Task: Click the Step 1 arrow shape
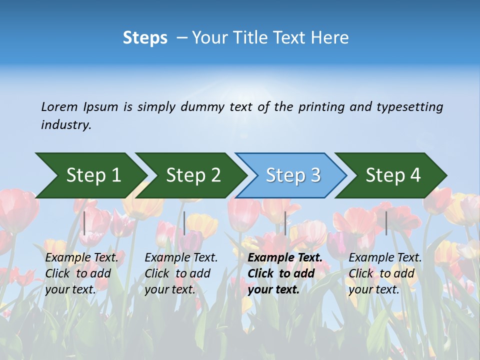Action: click(92, 175)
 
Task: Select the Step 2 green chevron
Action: click(192, 175)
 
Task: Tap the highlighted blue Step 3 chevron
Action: click(292, 175)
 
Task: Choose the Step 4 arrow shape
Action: click(392, 175)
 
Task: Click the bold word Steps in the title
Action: click(145, 38)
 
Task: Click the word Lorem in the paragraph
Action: click(59, 107)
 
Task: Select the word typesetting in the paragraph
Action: click(409, 107)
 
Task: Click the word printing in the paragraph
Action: click(320, 107)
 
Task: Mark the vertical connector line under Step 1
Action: click(84, 223)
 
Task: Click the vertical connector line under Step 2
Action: click(184, 223)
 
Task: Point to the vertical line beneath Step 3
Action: click(285, 223)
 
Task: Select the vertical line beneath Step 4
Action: click(386, 223)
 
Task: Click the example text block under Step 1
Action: click(81, 273)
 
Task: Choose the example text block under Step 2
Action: click(181, 273)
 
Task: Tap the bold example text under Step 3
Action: click(284, 273)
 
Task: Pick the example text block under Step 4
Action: click(385, 273)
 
